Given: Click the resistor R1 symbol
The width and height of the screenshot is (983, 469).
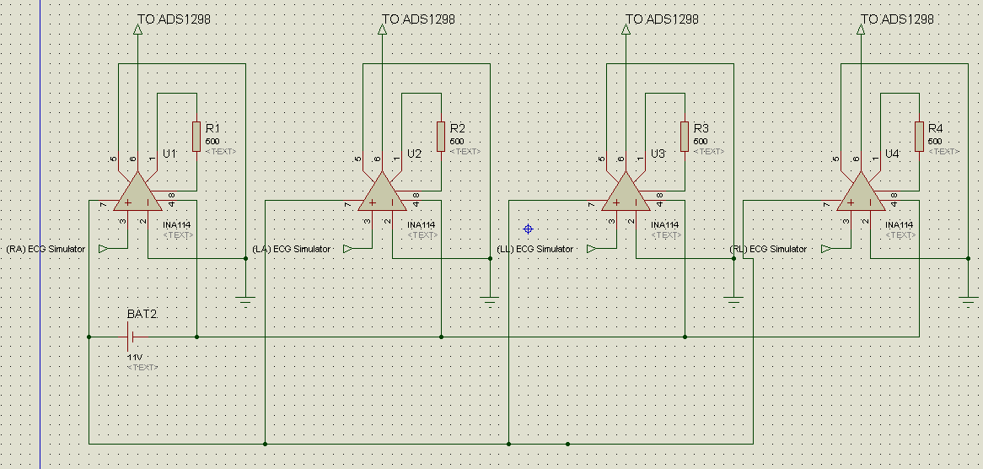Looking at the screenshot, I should (x=196, y=137).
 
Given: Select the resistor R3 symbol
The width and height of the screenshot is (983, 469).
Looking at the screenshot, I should (x=685, y=137).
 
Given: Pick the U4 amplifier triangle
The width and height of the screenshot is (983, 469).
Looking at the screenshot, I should (x=861, y=193).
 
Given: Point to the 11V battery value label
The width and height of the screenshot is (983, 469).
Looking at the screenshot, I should (x=135, y=358).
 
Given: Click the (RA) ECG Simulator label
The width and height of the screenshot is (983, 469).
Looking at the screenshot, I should (x=46, y=250).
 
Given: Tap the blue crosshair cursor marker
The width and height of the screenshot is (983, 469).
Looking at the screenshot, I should (x=529, y=229).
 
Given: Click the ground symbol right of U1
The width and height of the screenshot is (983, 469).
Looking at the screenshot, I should (x=245, y=299).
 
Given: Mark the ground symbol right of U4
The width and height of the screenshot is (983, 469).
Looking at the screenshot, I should (x=968, y=299).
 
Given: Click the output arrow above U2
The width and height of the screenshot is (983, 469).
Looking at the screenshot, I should (x=382, y=30).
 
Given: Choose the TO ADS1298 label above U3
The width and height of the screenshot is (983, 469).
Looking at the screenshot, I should (x=662, y=19).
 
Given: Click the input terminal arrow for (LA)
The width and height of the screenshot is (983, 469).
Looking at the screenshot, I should (x=347, y=249).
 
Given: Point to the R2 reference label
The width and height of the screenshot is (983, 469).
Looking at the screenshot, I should (x=457, y=128).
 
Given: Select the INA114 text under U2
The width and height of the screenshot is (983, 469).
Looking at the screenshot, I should (x=421, y=225).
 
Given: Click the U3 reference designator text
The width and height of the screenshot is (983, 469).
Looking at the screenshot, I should (x=658, y=154).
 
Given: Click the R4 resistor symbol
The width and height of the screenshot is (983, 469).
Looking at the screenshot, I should (x=919, y=137).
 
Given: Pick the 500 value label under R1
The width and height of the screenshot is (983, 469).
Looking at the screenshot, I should (x=212, y=141).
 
